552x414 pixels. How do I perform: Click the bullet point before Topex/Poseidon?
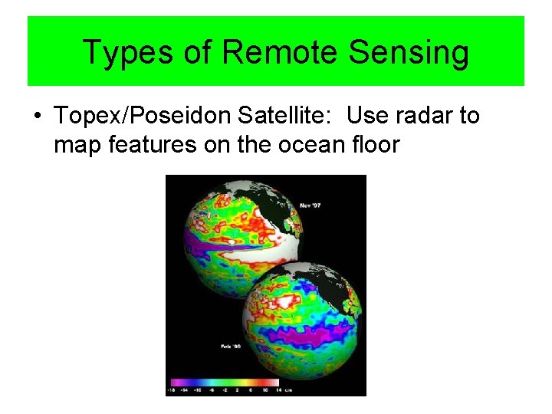pos(37,117)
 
